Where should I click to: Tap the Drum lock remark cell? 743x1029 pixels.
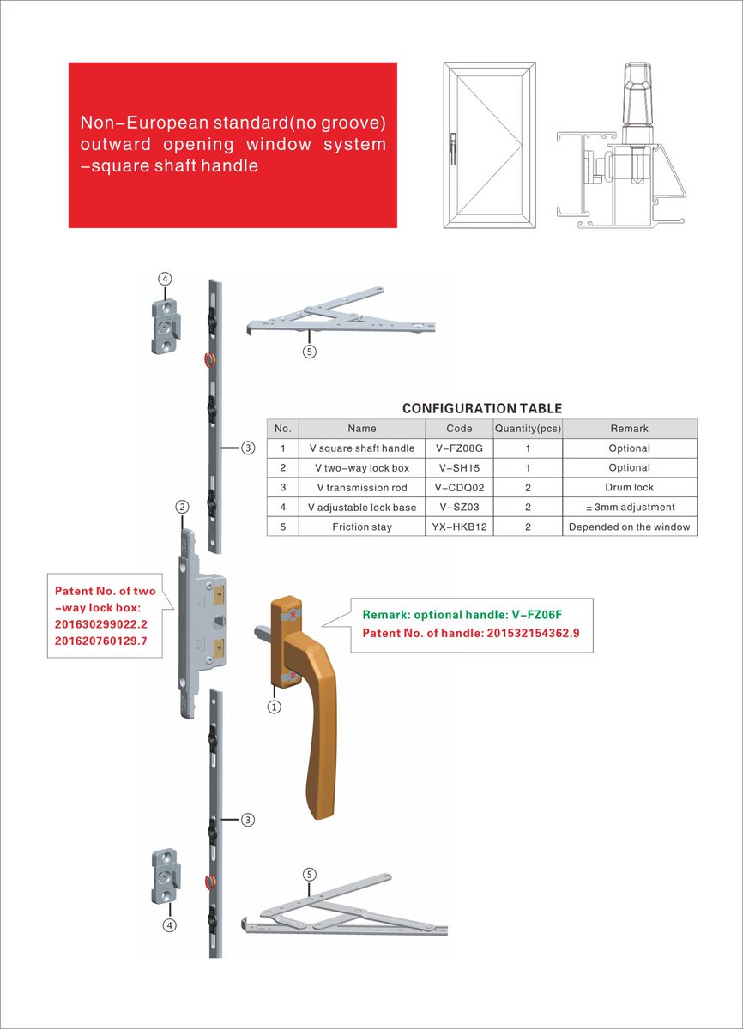pyautogui.click(x=629, y=488)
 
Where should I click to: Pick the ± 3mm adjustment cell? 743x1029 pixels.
pyautogui.click(x=629, y=508)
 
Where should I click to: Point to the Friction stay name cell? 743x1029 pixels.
pyautogui.click(x=362, y=527)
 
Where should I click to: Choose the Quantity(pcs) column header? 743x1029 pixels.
pyautogui.click(x=528, y=429)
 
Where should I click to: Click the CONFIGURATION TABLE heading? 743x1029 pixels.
pyautogui.click(x=482, y=409)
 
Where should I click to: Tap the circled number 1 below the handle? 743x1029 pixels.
pyautogui.click(x=275, y=707)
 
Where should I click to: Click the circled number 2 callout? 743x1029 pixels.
pyautogui.click(x=182, y=507)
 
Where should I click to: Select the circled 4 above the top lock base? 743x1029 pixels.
pyautogui.click(x=165, y=279)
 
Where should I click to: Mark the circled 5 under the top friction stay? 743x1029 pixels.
pyautogui.click(x=310, y=351)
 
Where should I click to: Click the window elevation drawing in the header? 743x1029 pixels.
pyautogui.click(x=489, y=145)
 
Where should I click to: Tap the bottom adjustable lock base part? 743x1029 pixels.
pyautogui.click(x=165, y=876)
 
